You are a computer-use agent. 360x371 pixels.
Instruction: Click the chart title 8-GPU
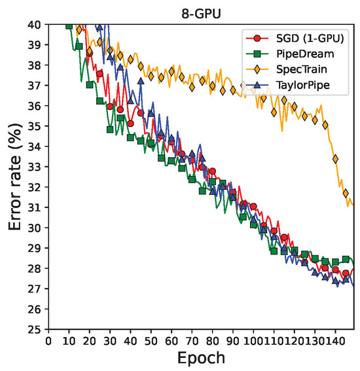(202, 11)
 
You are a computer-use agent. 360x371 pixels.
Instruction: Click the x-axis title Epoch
(202, 359)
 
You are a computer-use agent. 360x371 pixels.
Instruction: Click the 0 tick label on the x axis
(48, 341)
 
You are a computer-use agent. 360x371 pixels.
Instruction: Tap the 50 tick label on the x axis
(151, 341)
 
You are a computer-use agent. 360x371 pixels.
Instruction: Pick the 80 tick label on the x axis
(212, 341)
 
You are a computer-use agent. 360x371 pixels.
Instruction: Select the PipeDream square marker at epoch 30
(110, 130)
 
